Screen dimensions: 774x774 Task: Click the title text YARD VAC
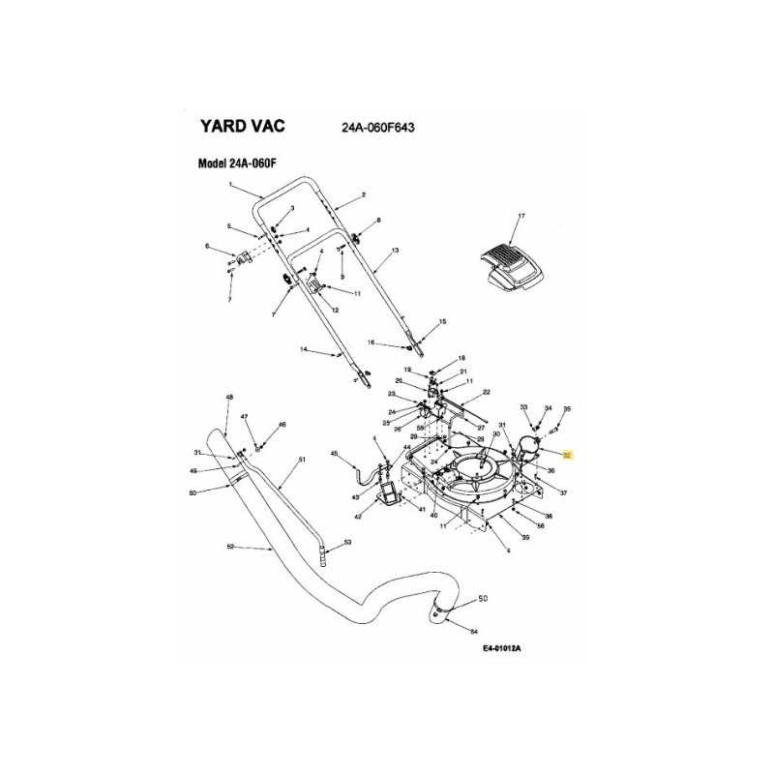(x=242, y=126)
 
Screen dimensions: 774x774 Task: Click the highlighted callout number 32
(x=569, y=453)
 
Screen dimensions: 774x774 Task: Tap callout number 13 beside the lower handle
(x=395, y=251)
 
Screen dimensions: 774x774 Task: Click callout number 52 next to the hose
(x=230, y=548)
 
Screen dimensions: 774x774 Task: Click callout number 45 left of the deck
(x=334, y=454)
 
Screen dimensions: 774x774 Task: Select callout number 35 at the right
(x=568, y=408)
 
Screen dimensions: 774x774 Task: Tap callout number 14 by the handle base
(x=303, y=348)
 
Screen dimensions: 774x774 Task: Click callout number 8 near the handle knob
(x=378, y=221)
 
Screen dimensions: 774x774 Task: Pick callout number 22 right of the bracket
(x=487, y=392)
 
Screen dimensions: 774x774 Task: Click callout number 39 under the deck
(x=525, y=537)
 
